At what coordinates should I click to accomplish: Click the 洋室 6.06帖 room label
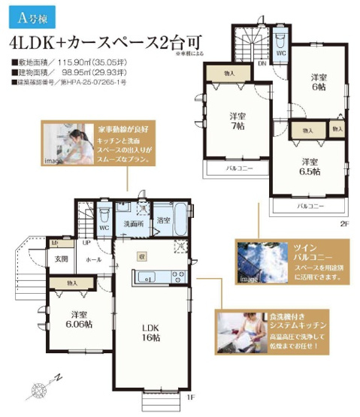(77, 319)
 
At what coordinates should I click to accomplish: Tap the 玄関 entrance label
(60, 259)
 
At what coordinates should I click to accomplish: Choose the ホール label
(92, 259)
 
